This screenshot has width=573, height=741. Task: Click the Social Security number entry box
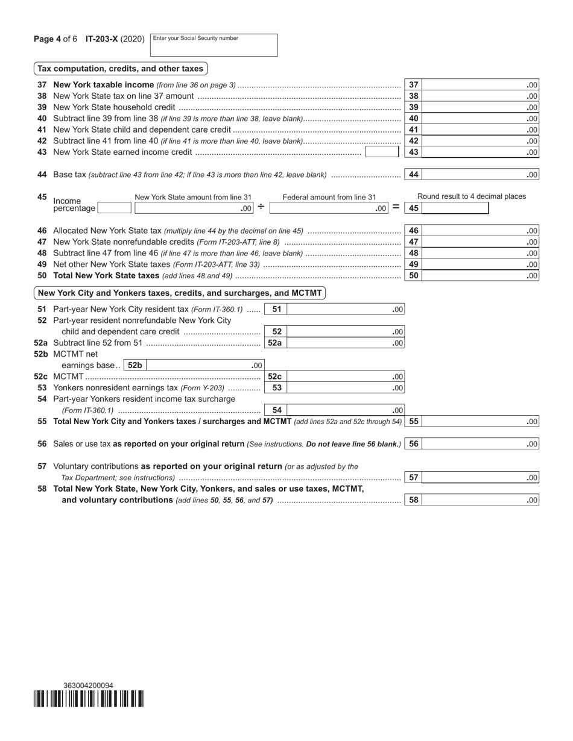pyautogui.click(x=214, y=45)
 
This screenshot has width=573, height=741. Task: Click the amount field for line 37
pyautogui.click(x=480, y=85)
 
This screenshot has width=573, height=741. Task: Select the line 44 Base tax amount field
pyautogui.click(x=480, y=175)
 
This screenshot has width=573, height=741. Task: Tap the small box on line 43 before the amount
pyautogui.click(x=382, y=152)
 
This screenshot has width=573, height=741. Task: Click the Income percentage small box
pyautogui.click(x=114, y=208)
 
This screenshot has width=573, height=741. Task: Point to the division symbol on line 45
pyautogui.click(x=261, y=207)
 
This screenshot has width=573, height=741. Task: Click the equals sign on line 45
pyautogui.click(x=396, y=207)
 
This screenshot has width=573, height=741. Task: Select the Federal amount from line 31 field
pyautogui.click(x=329, y=208)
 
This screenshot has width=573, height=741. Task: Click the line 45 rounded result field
pyautogui.click(x=455, y=208)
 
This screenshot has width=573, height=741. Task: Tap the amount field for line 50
pyautogui.click(x=480, y=276)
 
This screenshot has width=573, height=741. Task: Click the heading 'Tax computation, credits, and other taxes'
pyautogui.click(x=121, y=69)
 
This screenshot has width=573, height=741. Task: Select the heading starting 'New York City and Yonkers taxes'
pyautogui.click(x=180, y=293)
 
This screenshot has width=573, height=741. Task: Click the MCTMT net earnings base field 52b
pyautogui.click(x=204, y=365)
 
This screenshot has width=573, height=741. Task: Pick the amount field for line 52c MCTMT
pyautogui.click(x=344, y=377)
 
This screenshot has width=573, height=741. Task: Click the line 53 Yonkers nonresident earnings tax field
pyautogui.click(x=344, y=388)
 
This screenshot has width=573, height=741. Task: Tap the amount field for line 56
pyautogui.click(x=480, y=444)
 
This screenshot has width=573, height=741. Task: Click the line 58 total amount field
pyautogui.click(x=480, y=500)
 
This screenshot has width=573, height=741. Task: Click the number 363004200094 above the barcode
pyautogui.click(x=88, y=686)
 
